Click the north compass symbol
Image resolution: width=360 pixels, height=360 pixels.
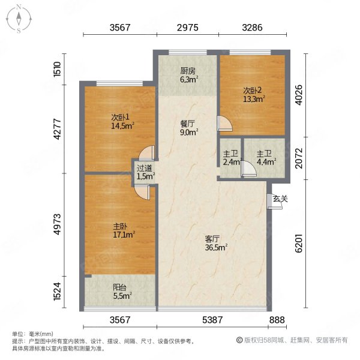(x=19, y=18)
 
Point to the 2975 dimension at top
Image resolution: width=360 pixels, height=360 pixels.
(x=188, y=27)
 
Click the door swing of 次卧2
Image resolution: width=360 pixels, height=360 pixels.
(x=224, y=124)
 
